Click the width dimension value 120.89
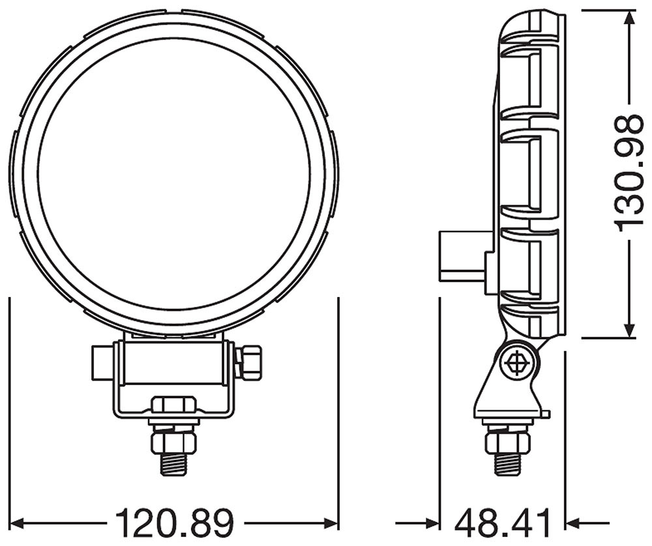pos(174,522)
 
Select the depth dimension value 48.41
pos(503,522)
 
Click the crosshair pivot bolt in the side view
pos(516,363)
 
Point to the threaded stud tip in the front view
pos(174,465)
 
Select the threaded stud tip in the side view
pos(507,465)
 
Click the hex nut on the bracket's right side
pos(249,362)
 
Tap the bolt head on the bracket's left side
pos(101,363)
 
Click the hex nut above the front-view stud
pos(174,442)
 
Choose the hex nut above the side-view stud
pos(507,442)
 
